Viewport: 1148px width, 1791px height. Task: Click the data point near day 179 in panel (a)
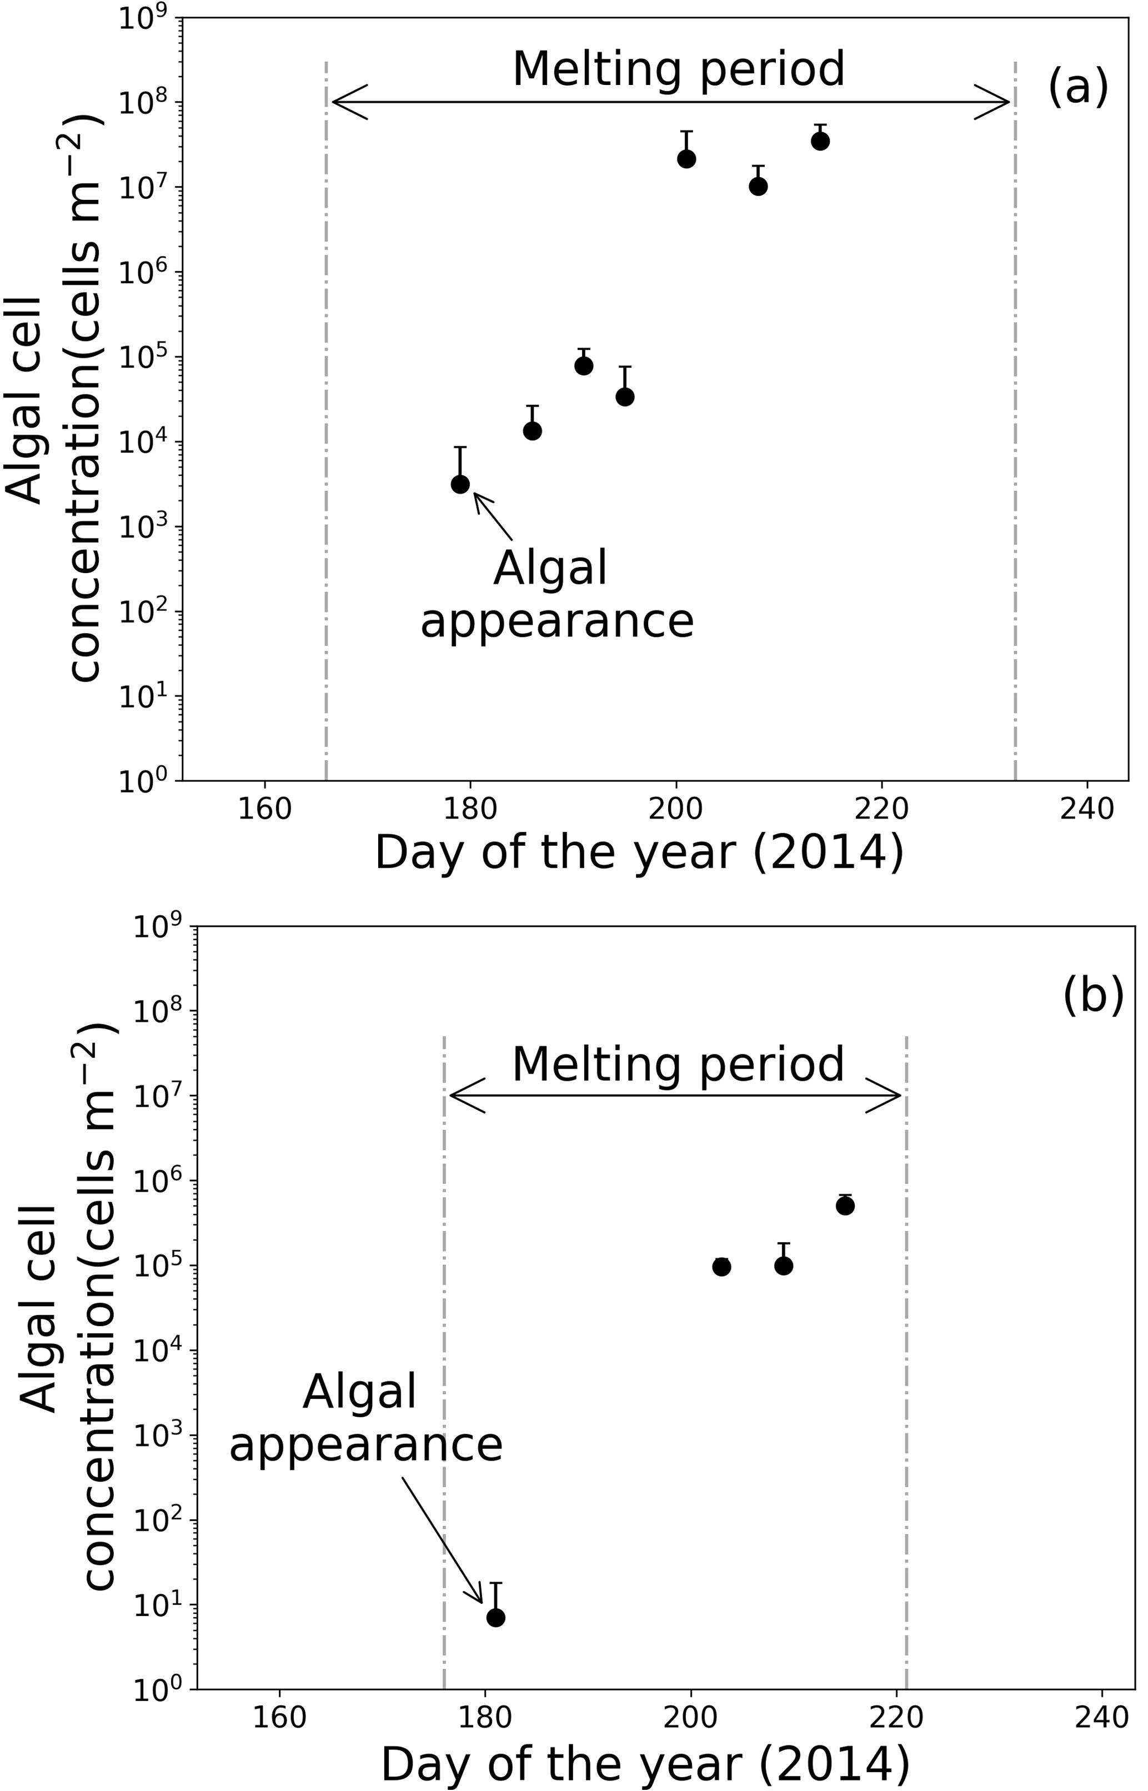tap(460, 484)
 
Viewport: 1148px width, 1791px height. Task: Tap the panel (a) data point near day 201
tap(686, 159)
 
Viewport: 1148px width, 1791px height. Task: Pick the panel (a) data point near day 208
tap(758, 187)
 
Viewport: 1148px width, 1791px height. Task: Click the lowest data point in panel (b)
tap(496, 1617)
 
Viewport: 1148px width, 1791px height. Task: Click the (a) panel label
tap(1078, 86)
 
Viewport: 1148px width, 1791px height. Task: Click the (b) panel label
tap(1093, 995)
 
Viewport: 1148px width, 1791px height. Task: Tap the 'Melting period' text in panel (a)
tap(678, 69)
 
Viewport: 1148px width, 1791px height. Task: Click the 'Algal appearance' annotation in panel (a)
tap(557, 594)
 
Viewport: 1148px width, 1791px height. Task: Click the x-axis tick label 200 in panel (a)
tap(676, 809)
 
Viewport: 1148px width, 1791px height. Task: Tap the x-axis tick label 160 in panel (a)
tap(264, 809)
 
